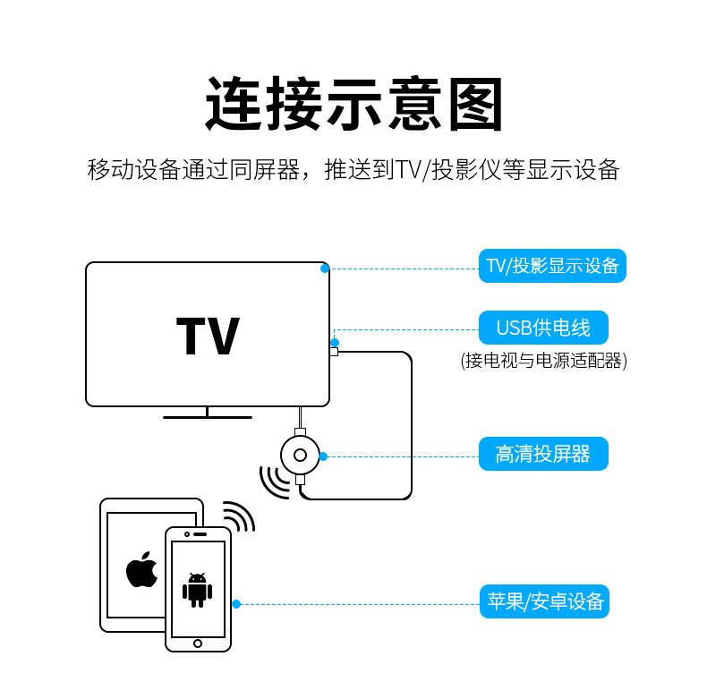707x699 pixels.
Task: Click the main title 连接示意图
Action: click(x=354, y=106)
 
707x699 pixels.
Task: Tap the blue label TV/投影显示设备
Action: click(x=552, y=266)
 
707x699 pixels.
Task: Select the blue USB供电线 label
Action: click(x=543, y=328)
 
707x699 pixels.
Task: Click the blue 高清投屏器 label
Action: click(x=543, y=454)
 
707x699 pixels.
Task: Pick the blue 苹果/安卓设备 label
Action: click(x=543, y=601)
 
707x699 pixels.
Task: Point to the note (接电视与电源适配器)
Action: click(x=543, y=361)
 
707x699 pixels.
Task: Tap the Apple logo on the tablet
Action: click(x=141, y=570)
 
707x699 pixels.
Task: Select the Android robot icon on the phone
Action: click(x=197, y=589)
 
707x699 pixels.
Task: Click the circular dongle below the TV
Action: click(x=300, y=456)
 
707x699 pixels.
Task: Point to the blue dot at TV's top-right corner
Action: click(x=325, y=268)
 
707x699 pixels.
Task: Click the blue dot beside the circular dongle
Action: click(x=323, y=456)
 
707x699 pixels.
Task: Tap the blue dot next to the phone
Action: click(x=236, y=604)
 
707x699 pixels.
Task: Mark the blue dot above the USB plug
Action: click(x=335, y=342)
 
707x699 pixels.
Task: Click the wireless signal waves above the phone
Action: click(x=236, y=516)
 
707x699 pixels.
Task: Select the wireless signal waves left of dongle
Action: click(x=270, y=482)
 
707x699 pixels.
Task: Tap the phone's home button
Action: click(x=198, y=643)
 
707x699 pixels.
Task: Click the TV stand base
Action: click(x=207, y=416)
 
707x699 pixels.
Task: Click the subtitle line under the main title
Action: click(x=353, y=170)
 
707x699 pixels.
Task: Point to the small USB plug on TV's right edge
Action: click(x=334, y=352)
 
